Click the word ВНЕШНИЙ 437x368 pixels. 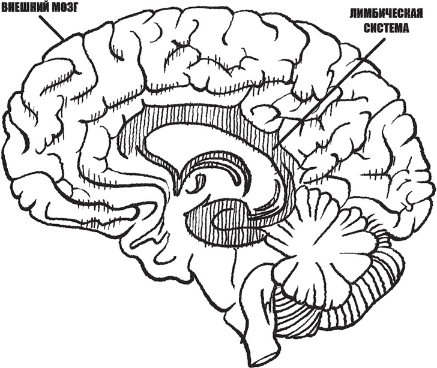pos(26,8)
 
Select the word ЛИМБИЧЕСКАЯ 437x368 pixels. pos(387,13)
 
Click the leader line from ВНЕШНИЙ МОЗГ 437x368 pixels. pos(51,27)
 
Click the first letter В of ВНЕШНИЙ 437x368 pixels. pos(4,8)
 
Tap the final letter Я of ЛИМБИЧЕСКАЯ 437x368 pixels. pos(420,13)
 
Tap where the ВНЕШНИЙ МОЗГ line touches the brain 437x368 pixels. pos(64,40)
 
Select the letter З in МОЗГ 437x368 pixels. pos(69,8)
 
